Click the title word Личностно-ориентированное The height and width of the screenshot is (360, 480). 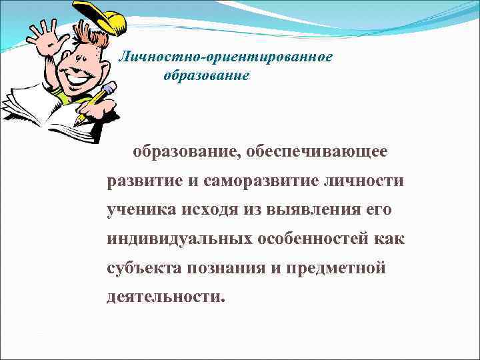pyautogui.click(x=225, y=57)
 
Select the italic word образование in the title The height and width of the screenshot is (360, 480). pyautogui.click(x=206, y=76)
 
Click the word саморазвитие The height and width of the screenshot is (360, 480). pyautogui.click(x=265, y=181)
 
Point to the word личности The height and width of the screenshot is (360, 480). pyautogui.click(x=365, y=181)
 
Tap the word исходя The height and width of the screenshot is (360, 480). pyautogui.click(x=209, y=209)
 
